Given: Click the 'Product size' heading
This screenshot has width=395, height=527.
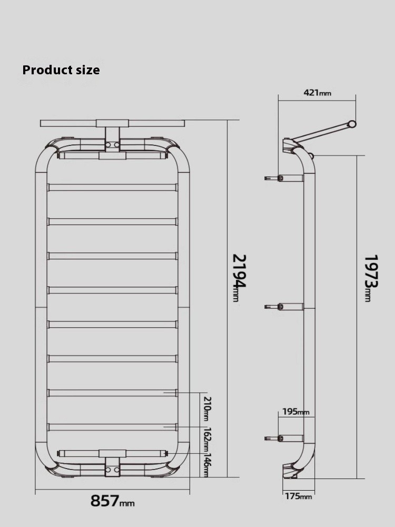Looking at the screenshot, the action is tap(61, 70).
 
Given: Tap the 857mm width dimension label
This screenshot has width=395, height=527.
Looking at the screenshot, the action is tap(113, 501).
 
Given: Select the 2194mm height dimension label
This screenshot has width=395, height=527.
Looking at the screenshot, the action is tap(240, 278).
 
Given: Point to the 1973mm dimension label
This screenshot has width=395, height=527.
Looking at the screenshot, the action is tap(371, 278).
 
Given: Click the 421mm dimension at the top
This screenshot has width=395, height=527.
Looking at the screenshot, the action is tap(318, 92).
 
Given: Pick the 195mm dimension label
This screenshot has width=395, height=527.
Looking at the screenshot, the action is tap(296, 412).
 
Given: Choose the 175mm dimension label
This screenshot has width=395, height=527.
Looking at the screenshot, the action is tap(299, 496).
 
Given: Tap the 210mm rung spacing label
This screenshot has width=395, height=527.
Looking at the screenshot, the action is tap(207, 409).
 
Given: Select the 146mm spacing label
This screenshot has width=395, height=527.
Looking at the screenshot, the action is tap(207, 465).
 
